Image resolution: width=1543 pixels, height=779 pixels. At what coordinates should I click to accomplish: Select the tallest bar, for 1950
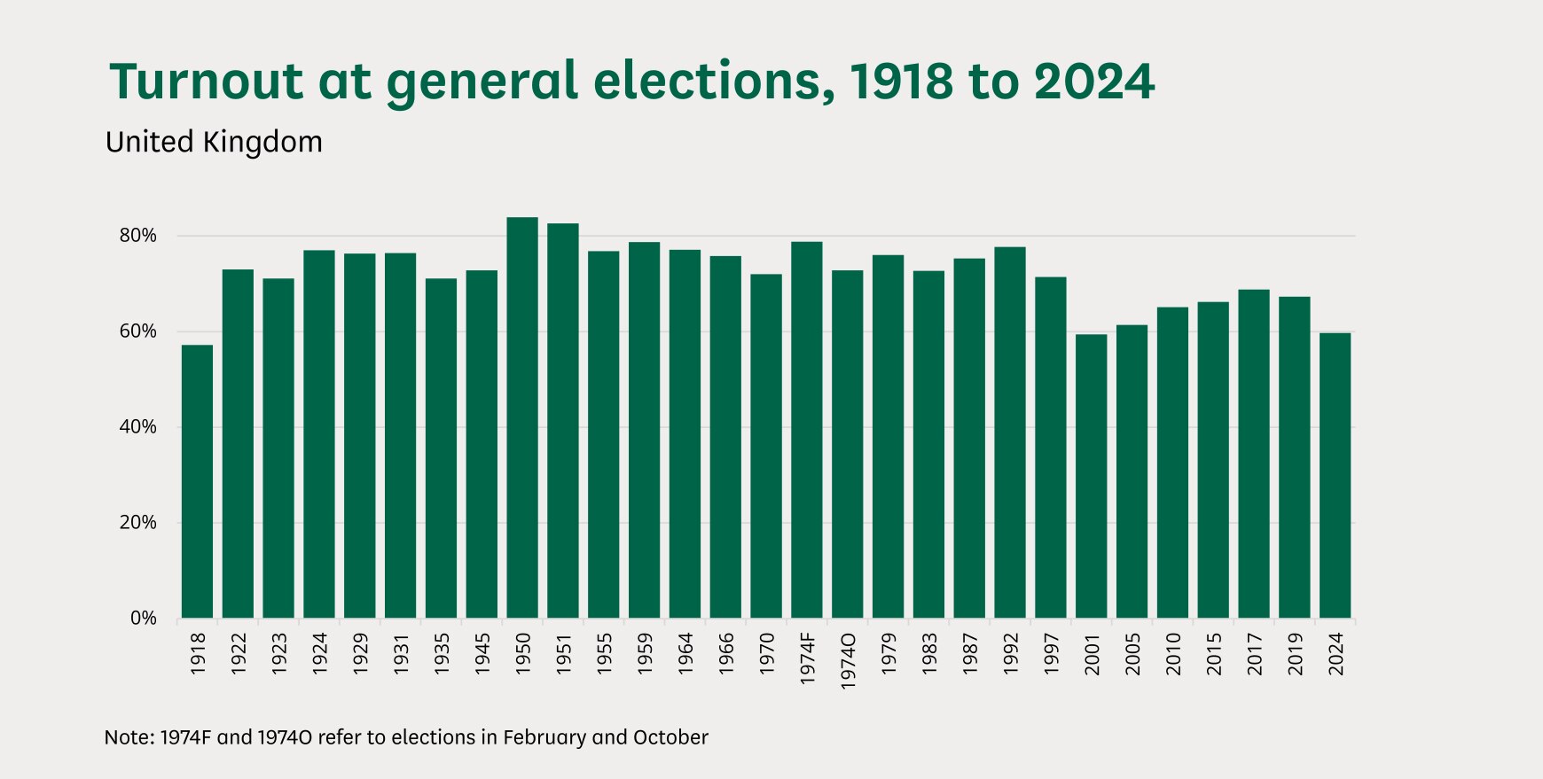point(522,417)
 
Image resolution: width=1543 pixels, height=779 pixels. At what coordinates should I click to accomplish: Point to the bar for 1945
point(482,444)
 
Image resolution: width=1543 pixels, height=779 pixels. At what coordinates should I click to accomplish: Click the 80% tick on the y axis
point(137,236)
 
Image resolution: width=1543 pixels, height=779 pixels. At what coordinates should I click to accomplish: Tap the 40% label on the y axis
point(137,427)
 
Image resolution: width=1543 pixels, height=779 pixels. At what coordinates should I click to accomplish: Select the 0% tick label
point(143,619)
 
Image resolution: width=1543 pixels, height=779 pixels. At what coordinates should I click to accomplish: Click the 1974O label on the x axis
point(848,661)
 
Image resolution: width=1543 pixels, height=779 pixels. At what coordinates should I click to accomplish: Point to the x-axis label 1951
point(564,654)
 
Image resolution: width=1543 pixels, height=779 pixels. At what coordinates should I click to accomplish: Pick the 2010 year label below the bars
point(1173,654)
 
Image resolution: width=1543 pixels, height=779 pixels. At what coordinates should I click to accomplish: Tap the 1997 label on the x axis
point(1052,654)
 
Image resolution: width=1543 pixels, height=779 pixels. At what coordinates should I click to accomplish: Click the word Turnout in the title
point(206,82)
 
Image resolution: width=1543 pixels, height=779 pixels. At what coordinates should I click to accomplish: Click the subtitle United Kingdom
point(214,142)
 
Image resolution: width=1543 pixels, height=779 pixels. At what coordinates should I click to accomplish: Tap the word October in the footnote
point(670,737)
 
